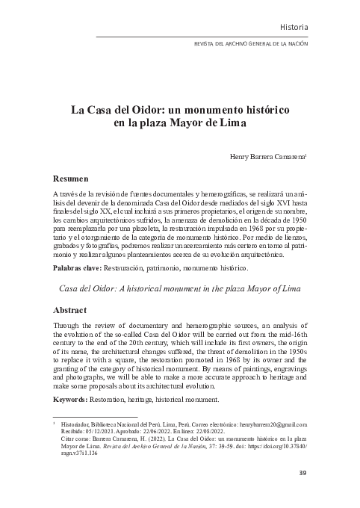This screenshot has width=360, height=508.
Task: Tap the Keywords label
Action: pos(72,400)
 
